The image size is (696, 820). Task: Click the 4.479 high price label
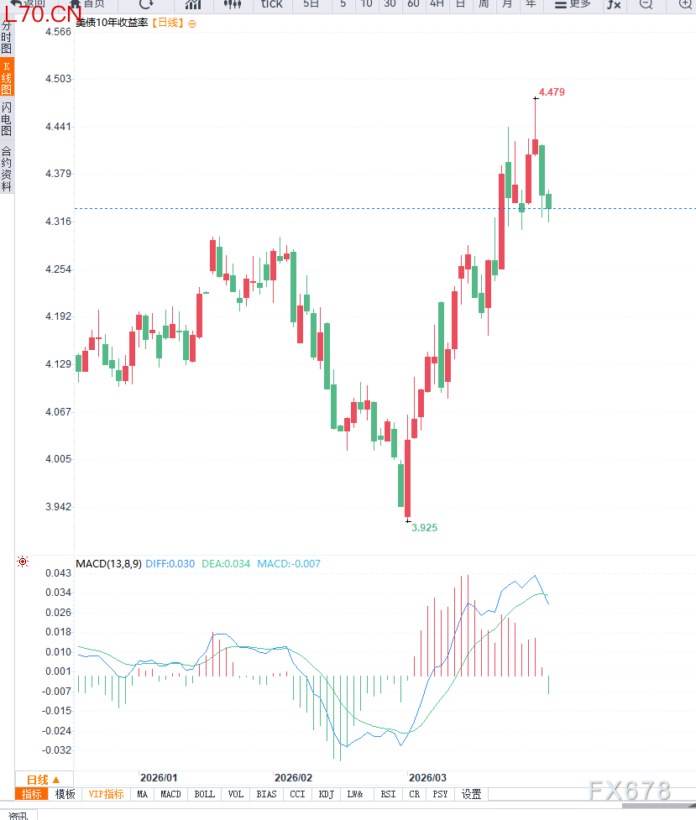(x=552, y=92)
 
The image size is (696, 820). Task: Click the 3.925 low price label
(x=424, y=528)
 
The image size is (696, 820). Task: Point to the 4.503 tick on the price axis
(x=59, y=79)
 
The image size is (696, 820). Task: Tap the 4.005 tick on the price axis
(x=59, y=459)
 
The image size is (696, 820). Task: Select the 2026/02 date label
(x=293, y=778)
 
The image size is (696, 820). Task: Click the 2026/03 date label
(x=428, y=778)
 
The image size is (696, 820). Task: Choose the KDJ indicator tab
(x=327, y=794)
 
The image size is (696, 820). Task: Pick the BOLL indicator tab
(x=204, y=794)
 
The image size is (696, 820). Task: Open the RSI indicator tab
(x=388, y=794)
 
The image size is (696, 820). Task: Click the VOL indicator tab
(x=236, y=794)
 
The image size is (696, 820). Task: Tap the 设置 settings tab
(x=471, y=794)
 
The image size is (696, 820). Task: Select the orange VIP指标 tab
(x=107, y=794)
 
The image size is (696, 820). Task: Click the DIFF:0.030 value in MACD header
(x=170, y=564)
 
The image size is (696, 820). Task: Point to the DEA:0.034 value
(x=226, y=564)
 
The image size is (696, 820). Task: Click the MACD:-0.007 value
(x=289, y=564)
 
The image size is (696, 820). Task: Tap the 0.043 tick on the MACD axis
(x=59, y=572)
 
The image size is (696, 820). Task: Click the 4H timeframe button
(x=437, y=4)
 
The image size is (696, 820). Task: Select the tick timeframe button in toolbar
(x=272, y=4)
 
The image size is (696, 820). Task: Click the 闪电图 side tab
(x=7, y=119)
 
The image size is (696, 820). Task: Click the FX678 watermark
(x=630, y=791)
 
